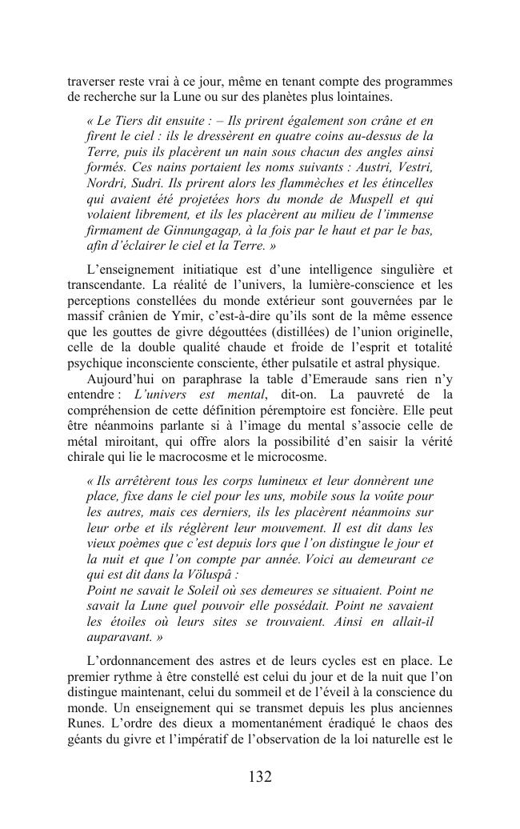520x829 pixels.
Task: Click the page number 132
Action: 260,776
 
